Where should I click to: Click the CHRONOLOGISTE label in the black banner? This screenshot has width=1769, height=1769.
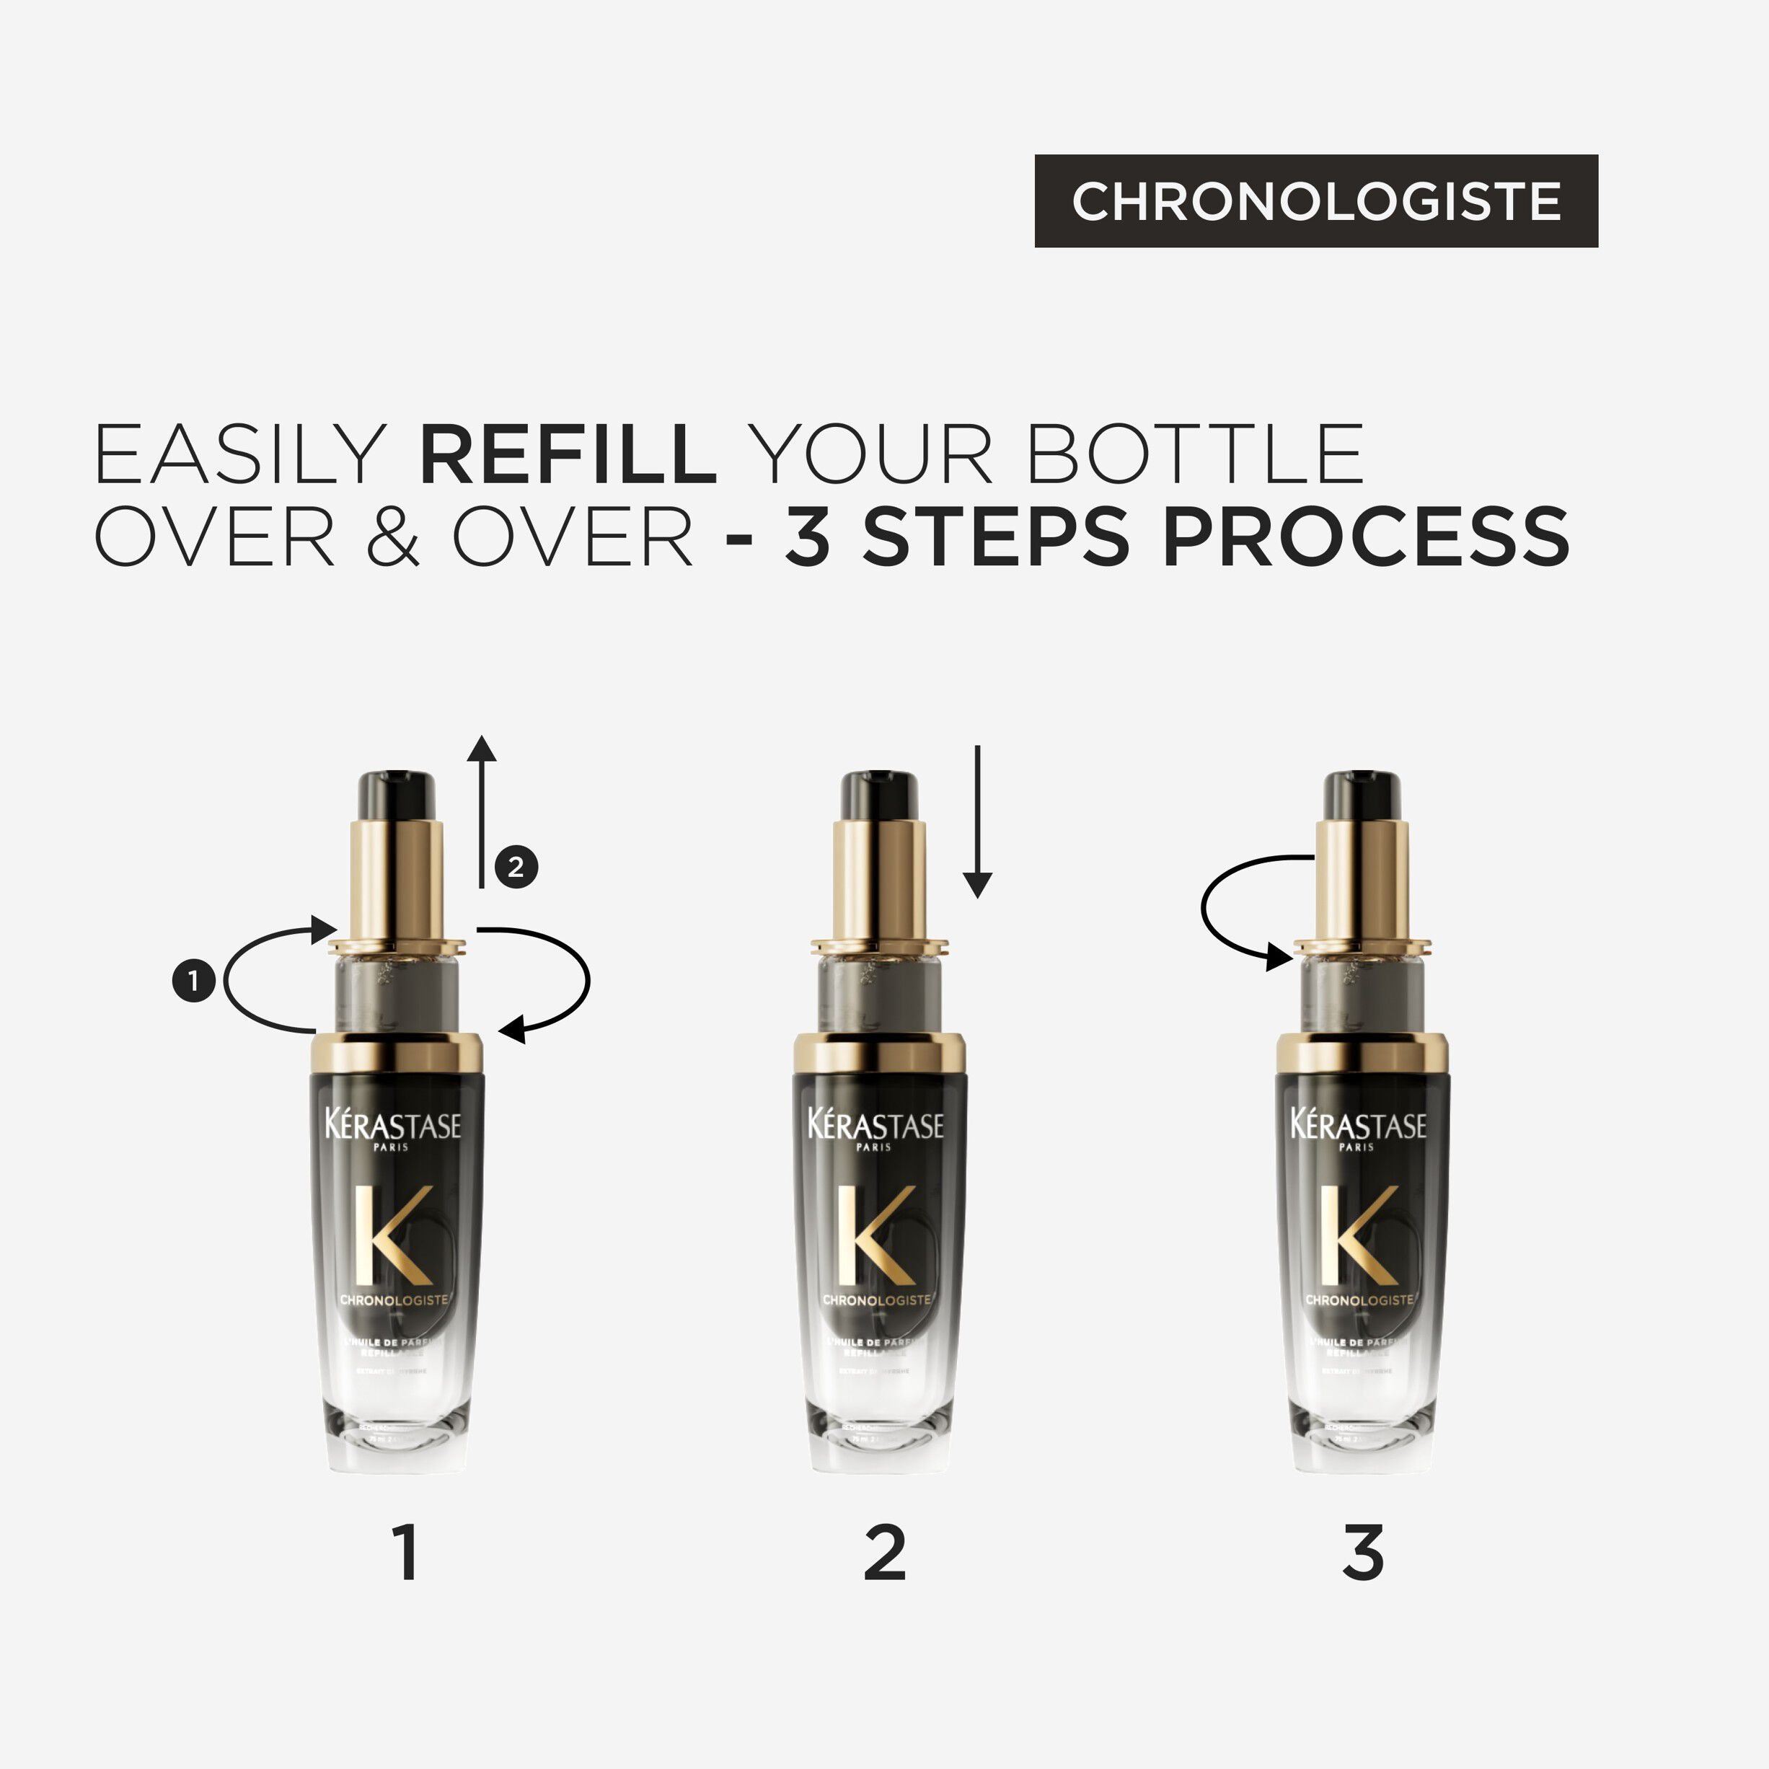coord(1316,200)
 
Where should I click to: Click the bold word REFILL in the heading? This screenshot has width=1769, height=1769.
coord(568,454)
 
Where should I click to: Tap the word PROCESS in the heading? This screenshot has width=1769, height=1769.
coord(1365,537)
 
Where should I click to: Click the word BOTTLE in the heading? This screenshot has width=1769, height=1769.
coord(1195,454)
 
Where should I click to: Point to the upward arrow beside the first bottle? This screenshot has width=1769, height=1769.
coord(482,811)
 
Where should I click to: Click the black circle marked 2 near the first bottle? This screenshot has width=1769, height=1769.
coord(516,866)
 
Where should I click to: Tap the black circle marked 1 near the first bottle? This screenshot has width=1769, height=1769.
coord(193,981)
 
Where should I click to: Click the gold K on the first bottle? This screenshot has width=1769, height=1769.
coord(392,1235)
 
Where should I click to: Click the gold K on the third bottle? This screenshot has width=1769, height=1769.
coord(1357,1235)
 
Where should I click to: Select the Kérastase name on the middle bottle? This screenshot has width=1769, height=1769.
coord(875,1125)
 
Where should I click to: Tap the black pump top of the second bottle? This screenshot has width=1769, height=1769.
coord(879,795)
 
